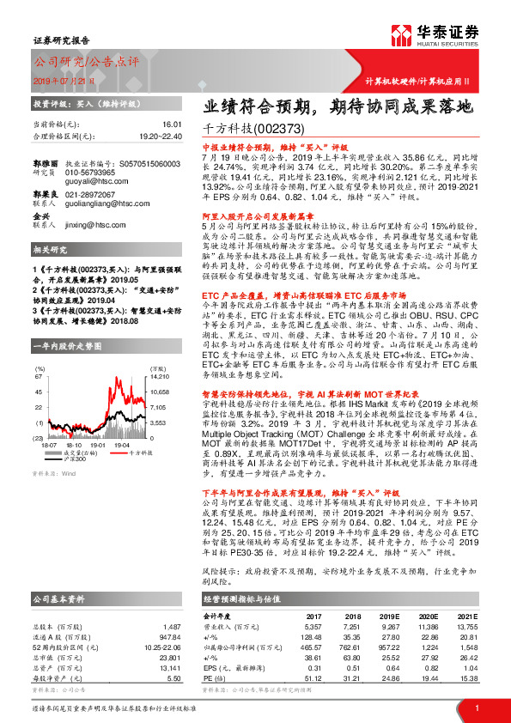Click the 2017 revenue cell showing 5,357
click(313, 627)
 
